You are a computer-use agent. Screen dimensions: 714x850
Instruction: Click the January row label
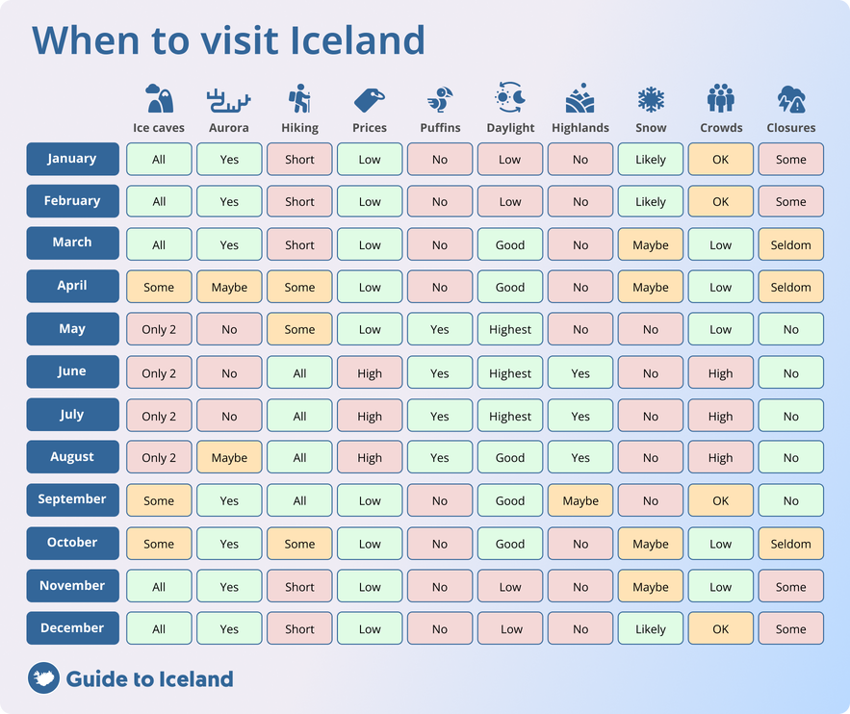[x=72, y=159]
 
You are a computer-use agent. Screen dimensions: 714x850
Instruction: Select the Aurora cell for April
[x=229, y=287]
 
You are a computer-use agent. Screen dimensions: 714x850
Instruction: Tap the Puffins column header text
[x=440, y=128]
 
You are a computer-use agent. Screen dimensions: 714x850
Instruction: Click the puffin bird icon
[x=440, y=99]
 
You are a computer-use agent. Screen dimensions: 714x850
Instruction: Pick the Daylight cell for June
[x=510, y=372]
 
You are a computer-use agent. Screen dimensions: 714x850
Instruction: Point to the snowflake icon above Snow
[x=651, y=99]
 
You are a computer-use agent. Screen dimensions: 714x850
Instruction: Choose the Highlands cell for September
[x=580, y=500]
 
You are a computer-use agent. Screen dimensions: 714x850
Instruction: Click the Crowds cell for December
[x=721, y=628]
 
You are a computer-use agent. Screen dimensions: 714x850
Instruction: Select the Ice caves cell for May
[x=159, y=329]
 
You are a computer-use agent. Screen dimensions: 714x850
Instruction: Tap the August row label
[x=72, y=457]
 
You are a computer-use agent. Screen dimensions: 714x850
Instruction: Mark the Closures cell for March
[x=791, y=244]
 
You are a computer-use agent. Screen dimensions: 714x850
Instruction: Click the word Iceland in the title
[x=358, y=40]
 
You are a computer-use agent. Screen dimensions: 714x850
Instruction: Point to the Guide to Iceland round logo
[x=43, y=678]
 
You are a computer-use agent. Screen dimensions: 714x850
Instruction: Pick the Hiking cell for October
[x=299, y=544]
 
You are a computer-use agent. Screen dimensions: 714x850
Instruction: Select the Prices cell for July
[x=370, y=416]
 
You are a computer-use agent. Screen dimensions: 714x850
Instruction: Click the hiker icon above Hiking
[x=298, y=99]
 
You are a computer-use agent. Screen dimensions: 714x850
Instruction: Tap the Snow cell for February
[x=651, y=201]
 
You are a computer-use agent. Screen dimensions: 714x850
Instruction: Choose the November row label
[x=72, y=585]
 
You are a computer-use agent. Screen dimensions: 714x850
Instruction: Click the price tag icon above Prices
[x=369, y=99]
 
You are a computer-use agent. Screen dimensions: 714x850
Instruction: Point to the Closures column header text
[x=791, y=128]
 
